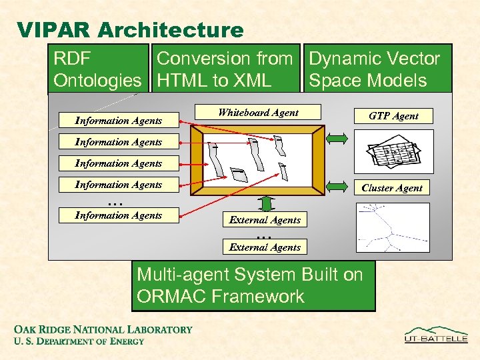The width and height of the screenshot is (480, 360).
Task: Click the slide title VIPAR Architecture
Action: tap(131, 30)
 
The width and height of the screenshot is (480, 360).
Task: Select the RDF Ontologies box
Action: tap(98, 69)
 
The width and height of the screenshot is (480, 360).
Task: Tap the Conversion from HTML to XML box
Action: tap(225, 69)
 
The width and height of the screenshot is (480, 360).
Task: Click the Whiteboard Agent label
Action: tap(259, 113)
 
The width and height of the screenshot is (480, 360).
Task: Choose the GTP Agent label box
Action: tap(393, 116)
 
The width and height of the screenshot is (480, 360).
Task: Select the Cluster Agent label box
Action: tap(392, 188)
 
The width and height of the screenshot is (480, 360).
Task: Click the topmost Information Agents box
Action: tap(119, 121)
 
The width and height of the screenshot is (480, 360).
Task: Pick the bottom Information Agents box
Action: tap(119, 215)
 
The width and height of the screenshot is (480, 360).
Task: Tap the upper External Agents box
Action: tap(265, 220)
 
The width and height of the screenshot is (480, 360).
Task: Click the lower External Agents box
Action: tap(265, 247)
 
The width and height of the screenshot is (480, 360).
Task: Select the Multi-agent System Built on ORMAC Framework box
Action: tap(253, 285)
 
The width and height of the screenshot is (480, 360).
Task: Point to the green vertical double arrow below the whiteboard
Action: tap(266, 203)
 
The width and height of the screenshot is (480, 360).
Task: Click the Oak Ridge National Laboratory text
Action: tap(103, 329)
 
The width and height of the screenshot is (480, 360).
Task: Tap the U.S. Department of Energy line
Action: tap(79, 341)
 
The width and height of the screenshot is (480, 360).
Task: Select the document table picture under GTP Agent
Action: tap(393, 151)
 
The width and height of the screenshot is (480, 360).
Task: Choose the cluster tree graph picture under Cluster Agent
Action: tap(393, 227)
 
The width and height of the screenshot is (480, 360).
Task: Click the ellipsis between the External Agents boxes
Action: tap(265, 235)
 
